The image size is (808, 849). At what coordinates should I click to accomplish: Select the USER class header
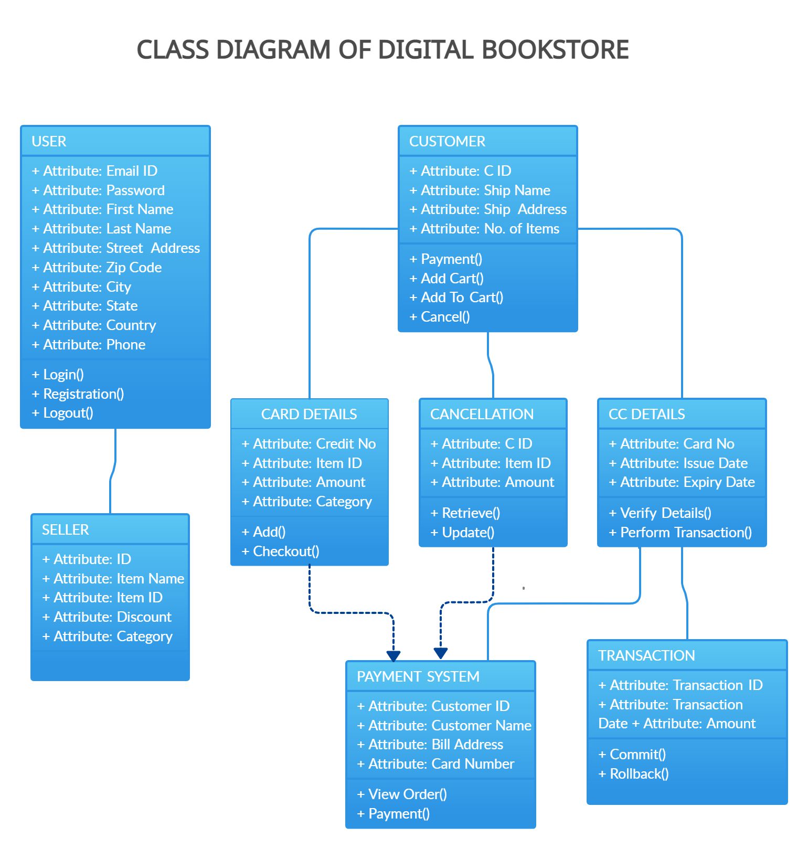tap(49, 142)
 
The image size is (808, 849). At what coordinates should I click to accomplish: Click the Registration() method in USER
tap(79, 394)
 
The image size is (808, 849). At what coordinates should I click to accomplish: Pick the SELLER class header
tap(66, 530)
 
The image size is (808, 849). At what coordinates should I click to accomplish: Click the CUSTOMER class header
tap(447, 142)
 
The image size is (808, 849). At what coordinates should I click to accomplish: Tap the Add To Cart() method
tap(456, 298)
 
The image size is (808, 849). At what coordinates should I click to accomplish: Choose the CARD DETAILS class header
tap(309, 415)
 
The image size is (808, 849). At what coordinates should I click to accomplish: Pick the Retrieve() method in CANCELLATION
tap(465, 513)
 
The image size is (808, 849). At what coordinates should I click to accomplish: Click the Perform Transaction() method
tap(681, 533)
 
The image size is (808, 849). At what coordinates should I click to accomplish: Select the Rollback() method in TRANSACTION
tap(634, 774)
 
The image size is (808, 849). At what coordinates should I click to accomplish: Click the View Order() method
tap(402, 794)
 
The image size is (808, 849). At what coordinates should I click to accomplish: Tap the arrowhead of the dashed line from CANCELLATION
tap(441, 653)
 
